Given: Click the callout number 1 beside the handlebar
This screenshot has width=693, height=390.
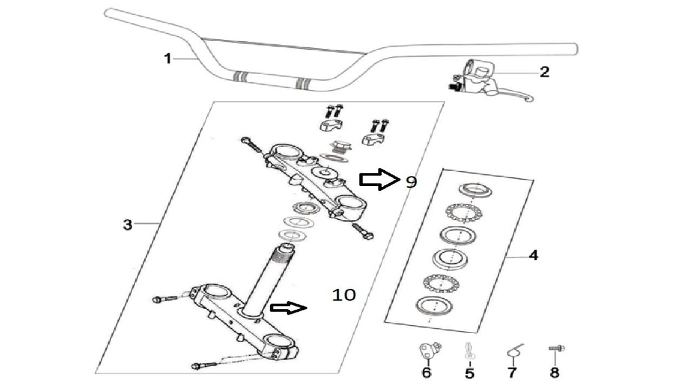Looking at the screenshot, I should [x=168, y=58].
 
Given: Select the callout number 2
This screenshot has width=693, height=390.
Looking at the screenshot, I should [x=544, y=71].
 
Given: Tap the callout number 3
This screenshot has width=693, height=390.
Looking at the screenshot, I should [x=127, y=224].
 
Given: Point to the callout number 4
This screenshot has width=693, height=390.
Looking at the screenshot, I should [x=533, y=255].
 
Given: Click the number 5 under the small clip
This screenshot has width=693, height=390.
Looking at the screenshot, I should [x=469, y=373].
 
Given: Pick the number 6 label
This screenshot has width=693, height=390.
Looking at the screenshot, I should [x=427, y=373].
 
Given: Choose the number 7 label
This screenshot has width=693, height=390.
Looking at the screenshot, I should [x=512, y=373].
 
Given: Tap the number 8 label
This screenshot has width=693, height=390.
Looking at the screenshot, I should [x=554, y=373].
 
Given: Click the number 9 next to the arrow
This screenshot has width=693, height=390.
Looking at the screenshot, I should [x=411, y=182].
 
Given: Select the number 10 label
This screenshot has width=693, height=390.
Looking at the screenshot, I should [x=344, y=295].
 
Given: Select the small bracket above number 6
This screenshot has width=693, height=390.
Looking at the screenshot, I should [x=428, y=351].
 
